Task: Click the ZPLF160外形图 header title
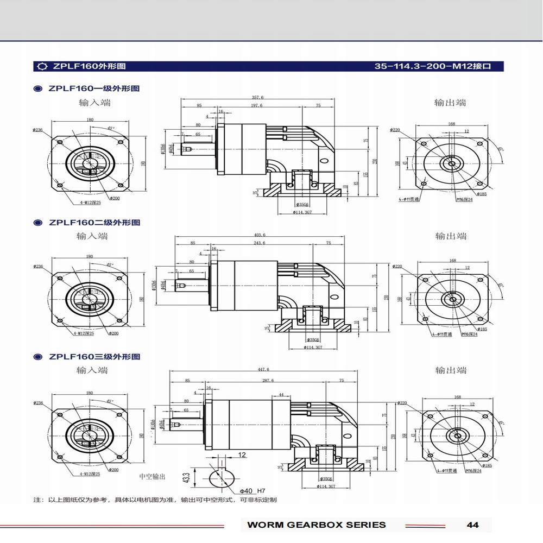(x=89, y=66)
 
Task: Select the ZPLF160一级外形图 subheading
(x=94, y=89)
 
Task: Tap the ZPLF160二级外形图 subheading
(x=94, y=223)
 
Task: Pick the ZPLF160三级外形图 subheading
(x=94, y=357)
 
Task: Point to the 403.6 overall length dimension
(x=260, y=235)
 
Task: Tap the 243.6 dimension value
(x=260, y=243)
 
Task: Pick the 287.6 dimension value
(x=268, y=381)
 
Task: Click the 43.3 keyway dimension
(x=186, y=478)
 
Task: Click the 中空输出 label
(x=152, y=477)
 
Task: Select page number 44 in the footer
(x=472, y=525)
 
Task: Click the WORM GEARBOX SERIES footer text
(x=316, y=525)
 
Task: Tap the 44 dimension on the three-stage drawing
(x=281, y=395)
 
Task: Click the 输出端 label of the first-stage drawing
(x=450, y=103)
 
